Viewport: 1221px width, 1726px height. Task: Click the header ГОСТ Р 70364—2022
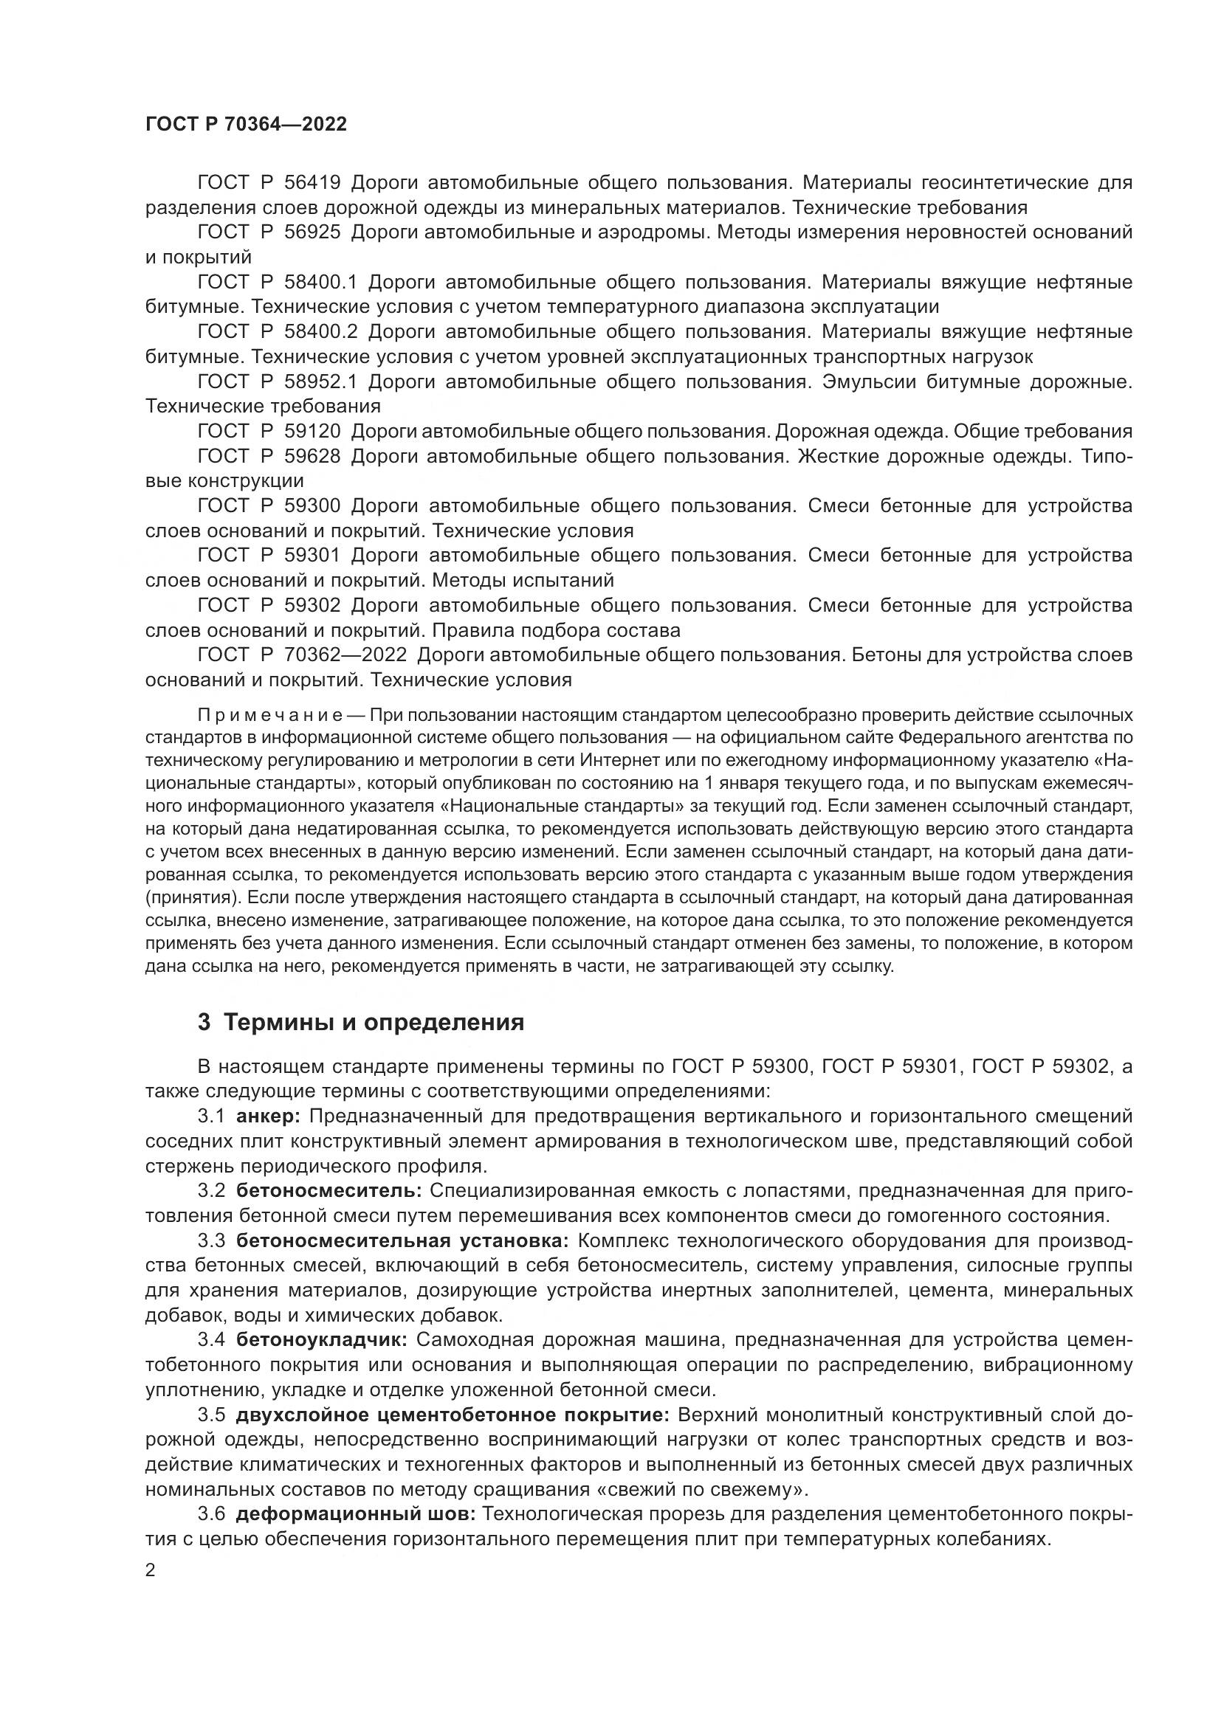[x=246, y=125]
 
